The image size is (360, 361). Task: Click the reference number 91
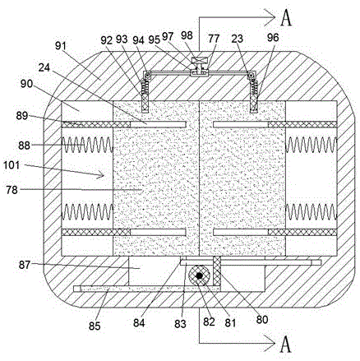[61, 46]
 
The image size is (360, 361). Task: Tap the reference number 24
[44, 67]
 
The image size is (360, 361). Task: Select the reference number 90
[25, 84]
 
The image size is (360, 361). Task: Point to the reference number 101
[12, 165]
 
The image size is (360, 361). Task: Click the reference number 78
[12, 190]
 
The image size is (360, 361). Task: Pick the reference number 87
[25, 265]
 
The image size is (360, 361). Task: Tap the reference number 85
[95, 326]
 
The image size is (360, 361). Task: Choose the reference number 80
[261, 319]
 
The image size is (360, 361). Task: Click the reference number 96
[273, 38]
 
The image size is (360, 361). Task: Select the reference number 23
[237, 39]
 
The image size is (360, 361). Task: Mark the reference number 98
[187, 35]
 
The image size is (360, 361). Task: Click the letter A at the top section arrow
[286, 18]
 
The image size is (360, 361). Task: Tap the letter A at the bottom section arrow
[286, 345]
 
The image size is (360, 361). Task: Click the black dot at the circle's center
[200, 275]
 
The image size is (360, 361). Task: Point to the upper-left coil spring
[87, 145]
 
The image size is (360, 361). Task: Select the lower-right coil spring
[311, 212]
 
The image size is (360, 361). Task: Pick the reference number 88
[24, 145]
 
